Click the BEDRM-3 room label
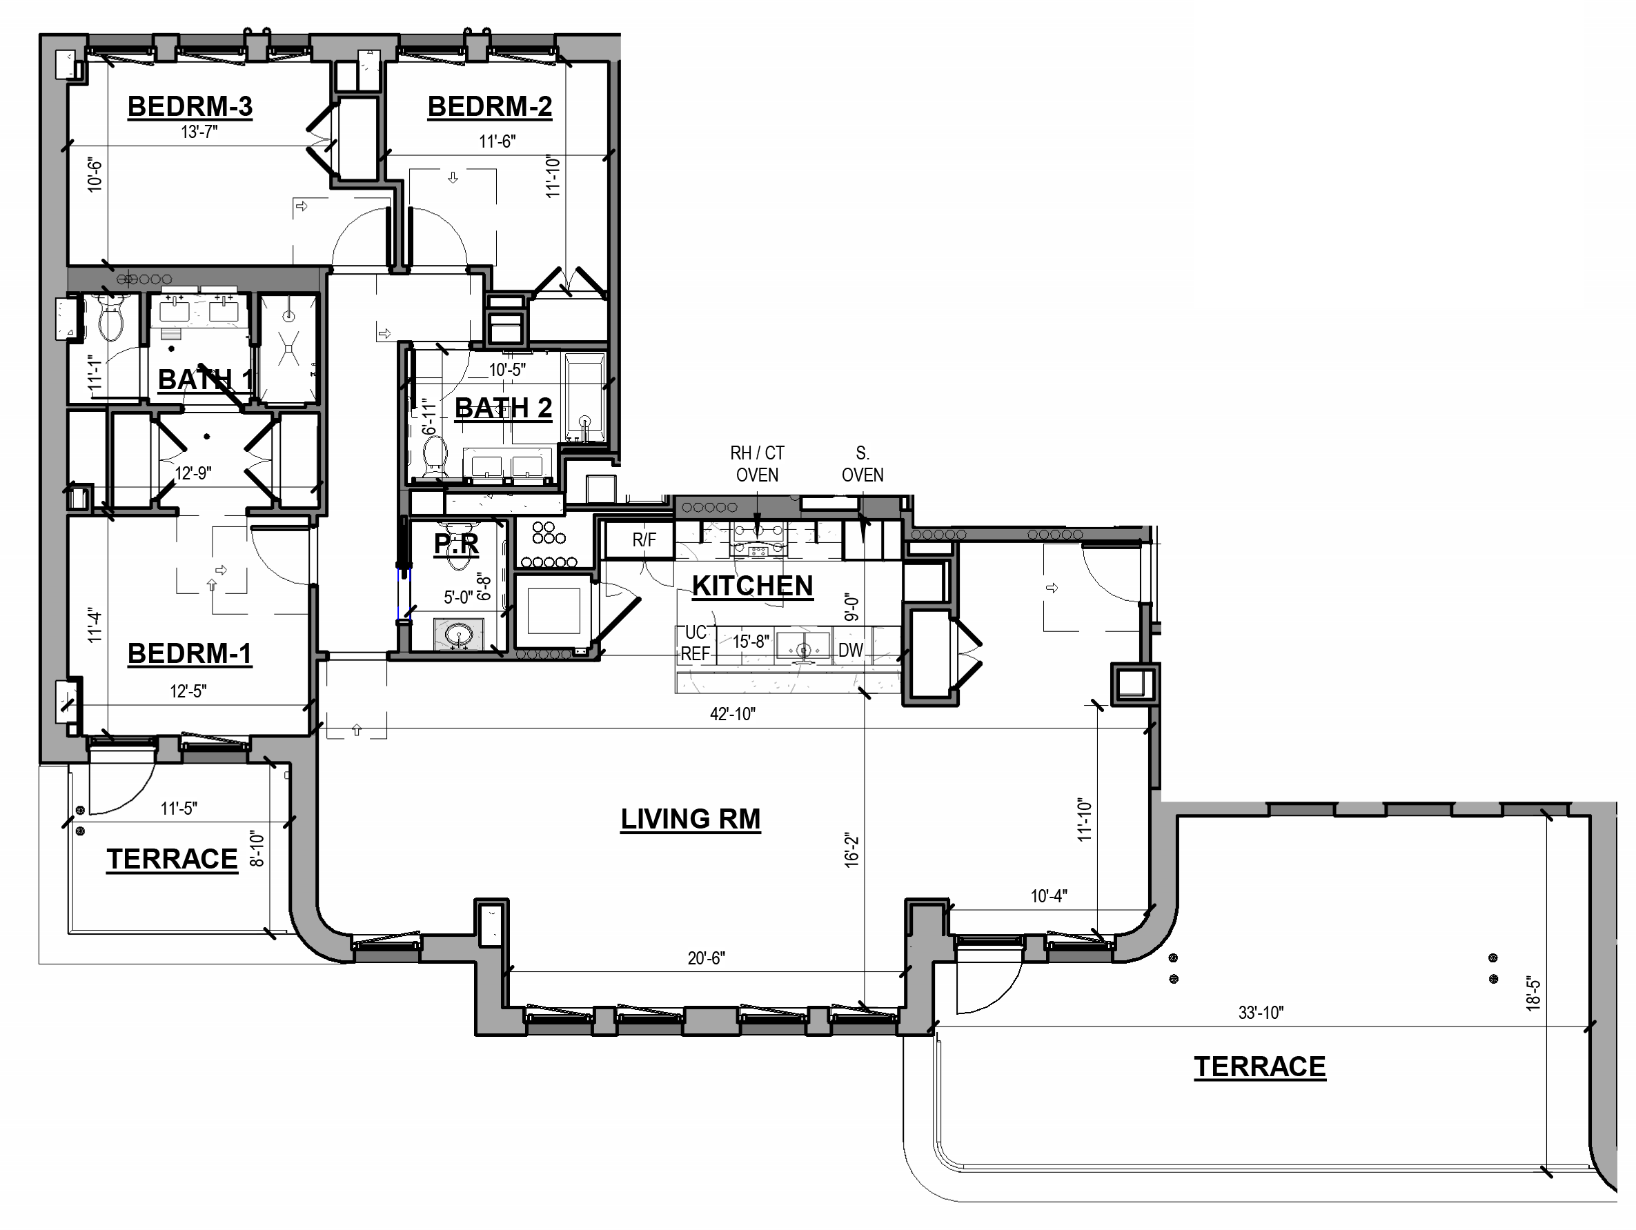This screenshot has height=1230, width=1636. [190, 106]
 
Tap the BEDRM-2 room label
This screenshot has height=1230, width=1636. [490, 106]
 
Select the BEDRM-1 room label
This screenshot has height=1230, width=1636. [189, 654]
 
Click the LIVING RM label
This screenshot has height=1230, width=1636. [690, 820]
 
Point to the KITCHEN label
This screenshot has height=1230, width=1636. [752, 586]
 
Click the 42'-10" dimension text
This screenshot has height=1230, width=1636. [732, 714]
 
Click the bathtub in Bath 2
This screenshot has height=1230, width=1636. [585, 397]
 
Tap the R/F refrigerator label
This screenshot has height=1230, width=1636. [644, 540]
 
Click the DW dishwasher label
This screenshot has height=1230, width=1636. [851, 650]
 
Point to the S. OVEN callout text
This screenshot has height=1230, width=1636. [863, 464]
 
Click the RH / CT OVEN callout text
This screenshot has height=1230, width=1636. [757, 464]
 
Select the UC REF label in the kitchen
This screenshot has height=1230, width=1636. [696, 643]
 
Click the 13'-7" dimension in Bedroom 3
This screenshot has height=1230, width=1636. [199, 132]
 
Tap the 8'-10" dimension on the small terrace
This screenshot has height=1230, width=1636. [257, 849]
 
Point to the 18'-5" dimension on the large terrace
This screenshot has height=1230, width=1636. [1533, 995]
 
